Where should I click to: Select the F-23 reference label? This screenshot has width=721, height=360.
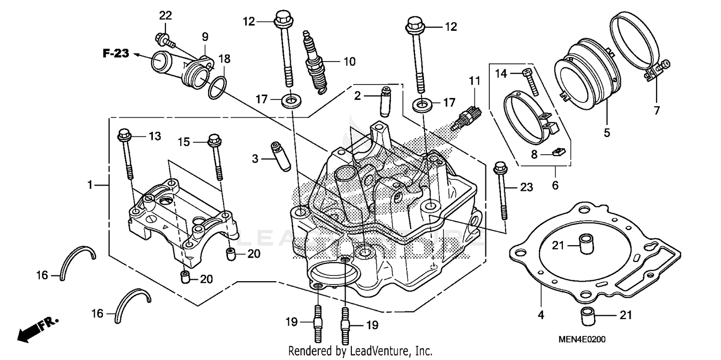(116, 53)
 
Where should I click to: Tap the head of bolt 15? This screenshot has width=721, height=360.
(214, 141)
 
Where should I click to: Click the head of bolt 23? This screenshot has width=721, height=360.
(500, 168)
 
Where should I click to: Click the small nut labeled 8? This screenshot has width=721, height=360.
(559, 153)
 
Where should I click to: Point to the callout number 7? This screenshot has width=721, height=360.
(657, 110)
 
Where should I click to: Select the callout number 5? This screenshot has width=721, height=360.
(607, 132)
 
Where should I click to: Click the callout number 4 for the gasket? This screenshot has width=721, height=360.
(541, 315)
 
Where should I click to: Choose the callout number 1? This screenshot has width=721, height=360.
(89, 185)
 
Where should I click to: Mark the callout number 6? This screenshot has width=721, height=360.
(555, 185)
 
